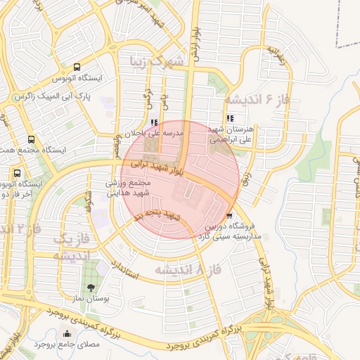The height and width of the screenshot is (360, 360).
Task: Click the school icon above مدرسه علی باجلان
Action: pyautogui.click(x=154, y=122)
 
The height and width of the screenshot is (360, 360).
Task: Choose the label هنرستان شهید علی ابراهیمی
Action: pyautogui.click(x=239, y=135)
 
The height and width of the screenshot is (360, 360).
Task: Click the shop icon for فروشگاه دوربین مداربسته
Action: pyautogui.click(x=230, y=216)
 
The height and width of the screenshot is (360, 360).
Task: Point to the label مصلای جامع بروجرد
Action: pyautogui.click(x=39, y=345)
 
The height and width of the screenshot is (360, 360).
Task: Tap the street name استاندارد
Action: pyautogui.click(x=124, y=269)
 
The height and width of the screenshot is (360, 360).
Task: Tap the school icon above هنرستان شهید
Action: pyautogui.click(x=230, y=119)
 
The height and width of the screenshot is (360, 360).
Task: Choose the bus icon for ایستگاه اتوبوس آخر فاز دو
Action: pyautogui.click(x=17, y=173)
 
